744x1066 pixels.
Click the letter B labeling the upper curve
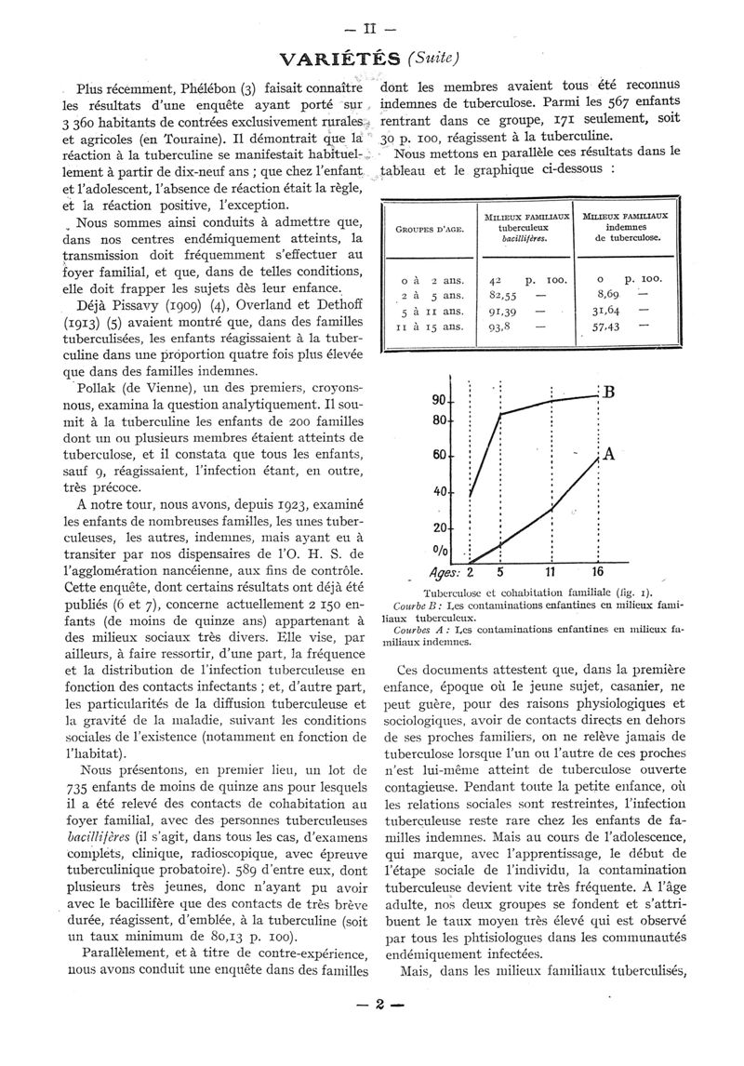pos(610,393)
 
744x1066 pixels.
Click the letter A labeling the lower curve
pos(610,455)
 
